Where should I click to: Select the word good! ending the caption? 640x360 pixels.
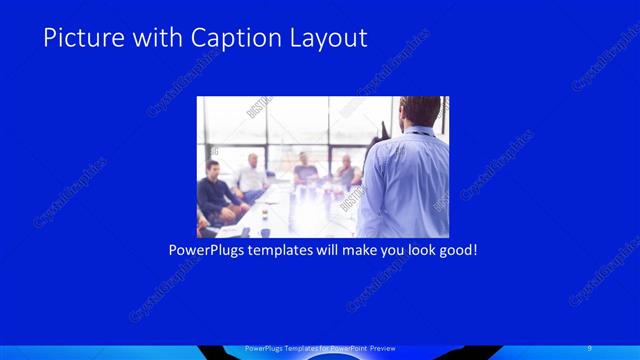point(456,248)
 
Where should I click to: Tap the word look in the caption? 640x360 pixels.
point(414,248)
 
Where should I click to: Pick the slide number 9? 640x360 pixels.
point(590,348)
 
